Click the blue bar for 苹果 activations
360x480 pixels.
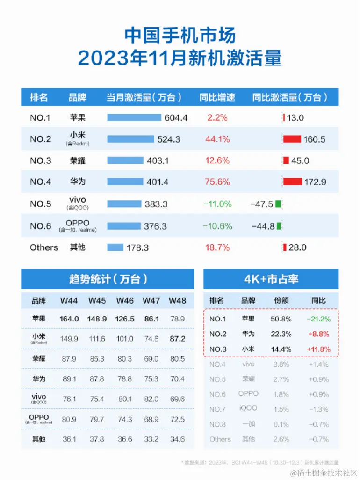pyautogui.click(x=134, y=117)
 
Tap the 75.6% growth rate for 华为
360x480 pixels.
pyautogui.click(x=217, y=182)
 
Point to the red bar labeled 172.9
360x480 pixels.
pyautogui.click(x=293, y=182)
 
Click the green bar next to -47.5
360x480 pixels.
pyautogui.click(x=278, y=204)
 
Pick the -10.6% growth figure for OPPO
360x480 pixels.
pyautogui.click(x=217, y=226)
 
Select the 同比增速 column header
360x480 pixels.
pyautogui.click(x=217, y=97)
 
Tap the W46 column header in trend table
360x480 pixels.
pyautogui.click(x=125, y=300)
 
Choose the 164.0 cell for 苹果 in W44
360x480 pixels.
pyautogui.click(x=69, y=319)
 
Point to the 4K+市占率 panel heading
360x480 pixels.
pyautogui.click(x=271, y=279)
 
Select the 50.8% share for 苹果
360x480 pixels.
pyautogui.click(x=282, y=319)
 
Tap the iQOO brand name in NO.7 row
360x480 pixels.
pyautogui.click(x=248, y=408)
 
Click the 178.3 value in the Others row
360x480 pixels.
pyautogui.click(x=137, y=248)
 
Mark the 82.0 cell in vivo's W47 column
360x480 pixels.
pyautogui.click(x=151, y=399)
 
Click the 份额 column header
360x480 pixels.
pyautogui.click(x=282, y=300)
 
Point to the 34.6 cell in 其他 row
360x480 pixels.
pyautogui.click(x=178, y=439)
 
